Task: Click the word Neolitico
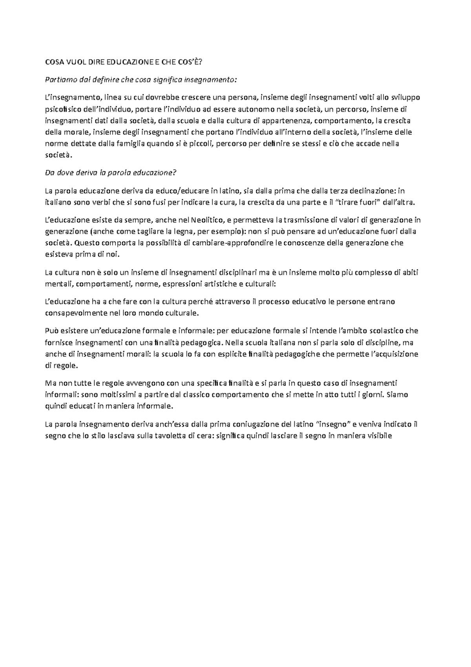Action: [207, 220]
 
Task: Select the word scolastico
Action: [385, 331]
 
